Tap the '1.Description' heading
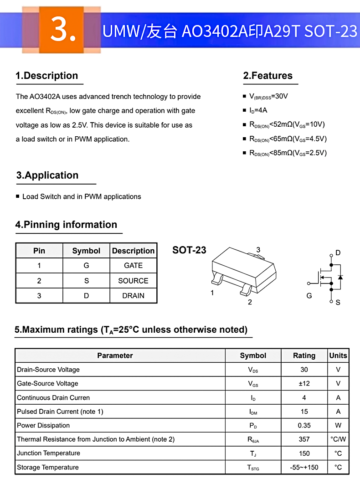pyautogui.click(x=47, y=76)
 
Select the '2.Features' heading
pyautogui.click(x=268, y=76)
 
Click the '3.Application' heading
pyautogui.click(x=47, y=175)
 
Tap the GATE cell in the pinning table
pyautogui.click(x=133, y=266)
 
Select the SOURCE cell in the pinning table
pyautogui.click(x=133, y=281)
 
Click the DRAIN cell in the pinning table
pyautogui.click(x=133, y=296)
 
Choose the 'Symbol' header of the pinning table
pyautogui.click(x=86, y=251)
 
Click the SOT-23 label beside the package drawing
pyautogui.click(x=189, y=250)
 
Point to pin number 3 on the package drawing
pyautogui.click(x=258, y=250)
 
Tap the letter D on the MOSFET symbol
pyautogui.click(x=338, y=253)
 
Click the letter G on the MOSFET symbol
pyautogui.click(x=309, y=296)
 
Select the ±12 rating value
pyautogui.click(x=304, y=384)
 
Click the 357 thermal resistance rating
pyautogui.click(x=304, y=439)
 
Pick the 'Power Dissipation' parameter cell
pyautogui.click(x=43, y=426)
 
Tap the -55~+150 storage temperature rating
pyautogui.click(x=304, y=468)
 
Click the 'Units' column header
pyautogui.click(x=338, y=355)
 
